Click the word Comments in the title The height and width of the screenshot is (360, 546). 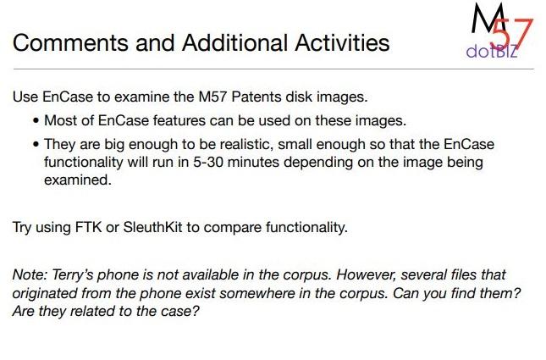coord(70,43)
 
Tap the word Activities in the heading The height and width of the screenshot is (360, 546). coord(342,43)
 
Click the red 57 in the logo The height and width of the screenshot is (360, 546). coord(512,34)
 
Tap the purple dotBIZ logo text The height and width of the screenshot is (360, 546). coord(492,52)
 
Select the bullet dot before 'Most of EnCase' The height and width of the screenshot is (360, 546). coord(36,121)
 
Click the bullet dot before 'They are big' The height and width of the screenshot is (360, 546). coord(36,145)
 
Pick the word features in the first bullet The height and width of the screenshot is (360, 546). coord(179,120)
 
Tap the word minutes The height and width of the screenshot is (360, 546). coord(253,162)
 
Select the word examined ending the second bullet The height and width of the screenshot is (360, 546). coord(78,180)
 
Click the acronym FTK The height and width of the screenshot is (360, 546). coord(88,227)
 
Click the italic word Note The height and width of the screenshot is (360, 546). coord(30,275)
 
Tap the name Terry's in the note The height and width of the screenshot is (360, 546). coord(73,275)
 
